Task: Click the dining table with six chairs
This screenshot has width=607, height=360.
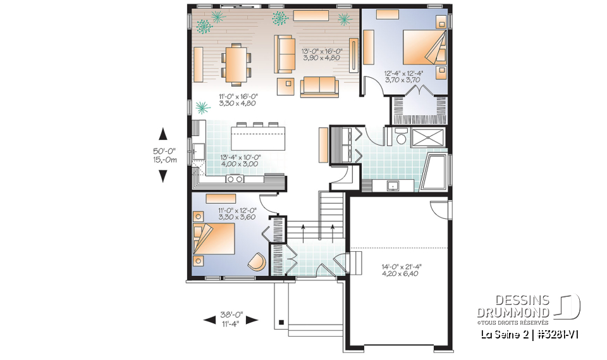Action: click(x=235, y=64)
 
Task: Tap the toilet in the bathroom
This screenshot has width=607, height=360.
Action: click(x=400, y=136)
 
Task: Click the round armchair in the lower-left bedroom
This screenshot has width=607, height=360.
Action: click(x=257, y=262)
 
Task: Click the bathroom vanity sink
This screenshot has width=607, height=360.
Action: click(x=393, y=185)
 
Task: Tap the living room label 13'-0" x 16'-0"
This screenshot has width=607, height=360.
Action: click(x=321, y=54)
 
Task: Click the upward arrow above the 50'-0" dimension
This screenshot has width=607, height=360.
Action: click(x=162, y=133)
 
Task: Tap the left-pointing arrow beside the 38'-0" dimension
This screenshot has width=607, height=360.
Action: click(x=209, y=320)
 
